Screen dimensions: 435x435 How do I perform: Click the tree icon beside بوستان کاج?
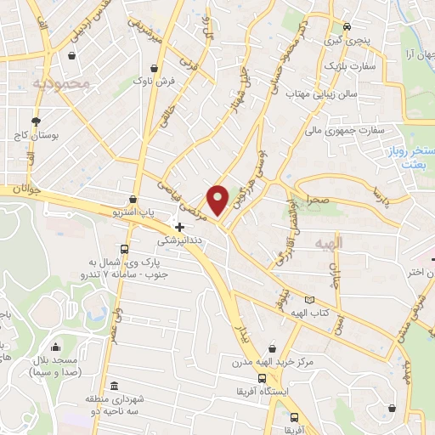tap(35, 121)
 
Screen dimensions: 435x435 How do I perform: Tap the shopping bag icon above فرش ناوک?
tap(154, 69)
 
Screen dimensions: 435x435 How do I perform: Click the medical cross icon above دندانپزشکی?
tap(179, 227)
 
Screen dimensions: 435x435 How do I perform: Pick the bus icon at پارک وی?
tap(124, 249)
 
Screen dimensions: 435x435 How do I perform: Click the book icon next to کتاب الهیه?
tap(308, 299)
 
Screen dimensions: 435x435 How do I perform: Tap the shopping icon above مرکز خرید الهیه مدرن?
tap(271, 347)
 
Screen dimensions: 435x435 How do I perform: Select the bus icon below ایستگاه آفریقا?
tap(294, 417)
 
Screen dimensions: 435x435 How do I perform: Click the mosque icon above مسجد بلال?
tap(55, 346)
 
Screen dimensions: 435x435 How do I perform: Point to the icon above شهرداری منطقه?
tap(114, 385)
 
